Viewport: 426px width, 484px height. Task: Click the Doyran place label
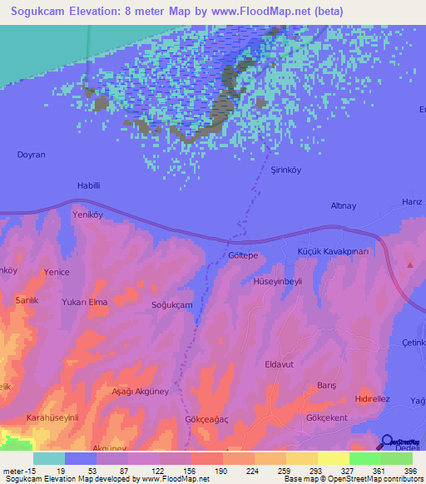tap(31, 155)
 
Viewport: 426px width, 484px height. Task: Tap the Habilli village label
tap(88, 186)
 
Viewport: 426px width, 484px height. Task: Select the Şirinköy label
tap(265, 169)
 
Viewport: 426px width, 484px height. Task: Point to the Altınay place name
tap(343, 205)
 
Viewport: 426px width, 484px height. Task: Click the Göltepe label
tap(243, 256)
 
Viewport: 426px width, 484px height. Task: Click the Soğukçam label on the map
tap(171, 305)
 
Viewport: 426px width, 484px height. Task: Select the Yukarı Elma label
tap(85, 302)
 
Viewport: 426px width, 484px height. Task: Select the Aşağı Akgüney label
tap(119, 392)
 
